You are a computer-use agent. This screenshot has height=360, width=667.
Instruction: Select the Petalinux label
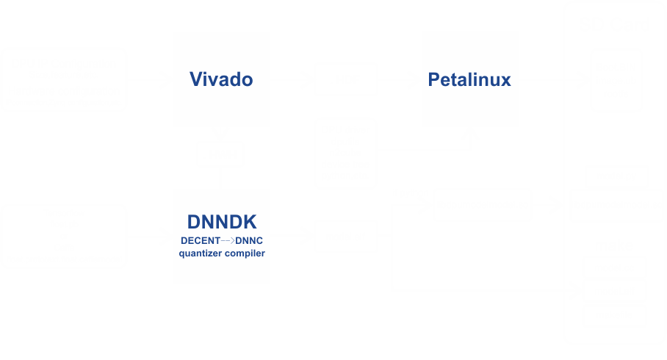pyautogui.click(x=469, y=79)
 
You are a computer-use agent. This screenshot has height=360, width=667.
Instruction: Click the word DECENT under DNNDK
pyautogui.click(x=199, y=241)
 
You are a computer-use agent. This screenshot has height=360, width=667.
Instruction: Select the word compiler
pyautogui.click(x=245, y=253)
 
